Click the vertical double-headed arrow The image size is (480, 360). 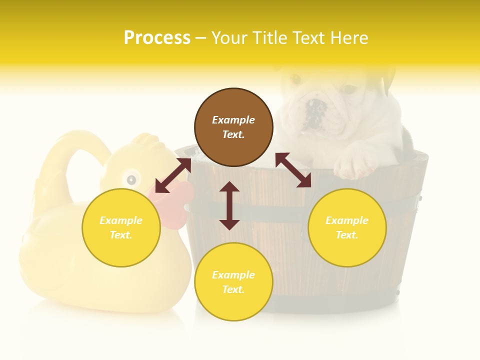pos(229,205)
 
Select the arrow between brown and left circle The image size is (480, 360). pos(173,175)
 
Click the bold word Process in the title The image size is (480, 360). pos(157,38)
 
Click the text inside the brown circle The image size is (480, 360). pos(233,127)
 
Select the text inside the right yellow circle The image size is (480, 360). pos(347,227)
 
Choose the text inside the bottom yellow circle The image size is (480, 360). pos(233,282)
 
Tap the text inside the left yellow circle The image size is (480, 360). pos(121,227)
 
